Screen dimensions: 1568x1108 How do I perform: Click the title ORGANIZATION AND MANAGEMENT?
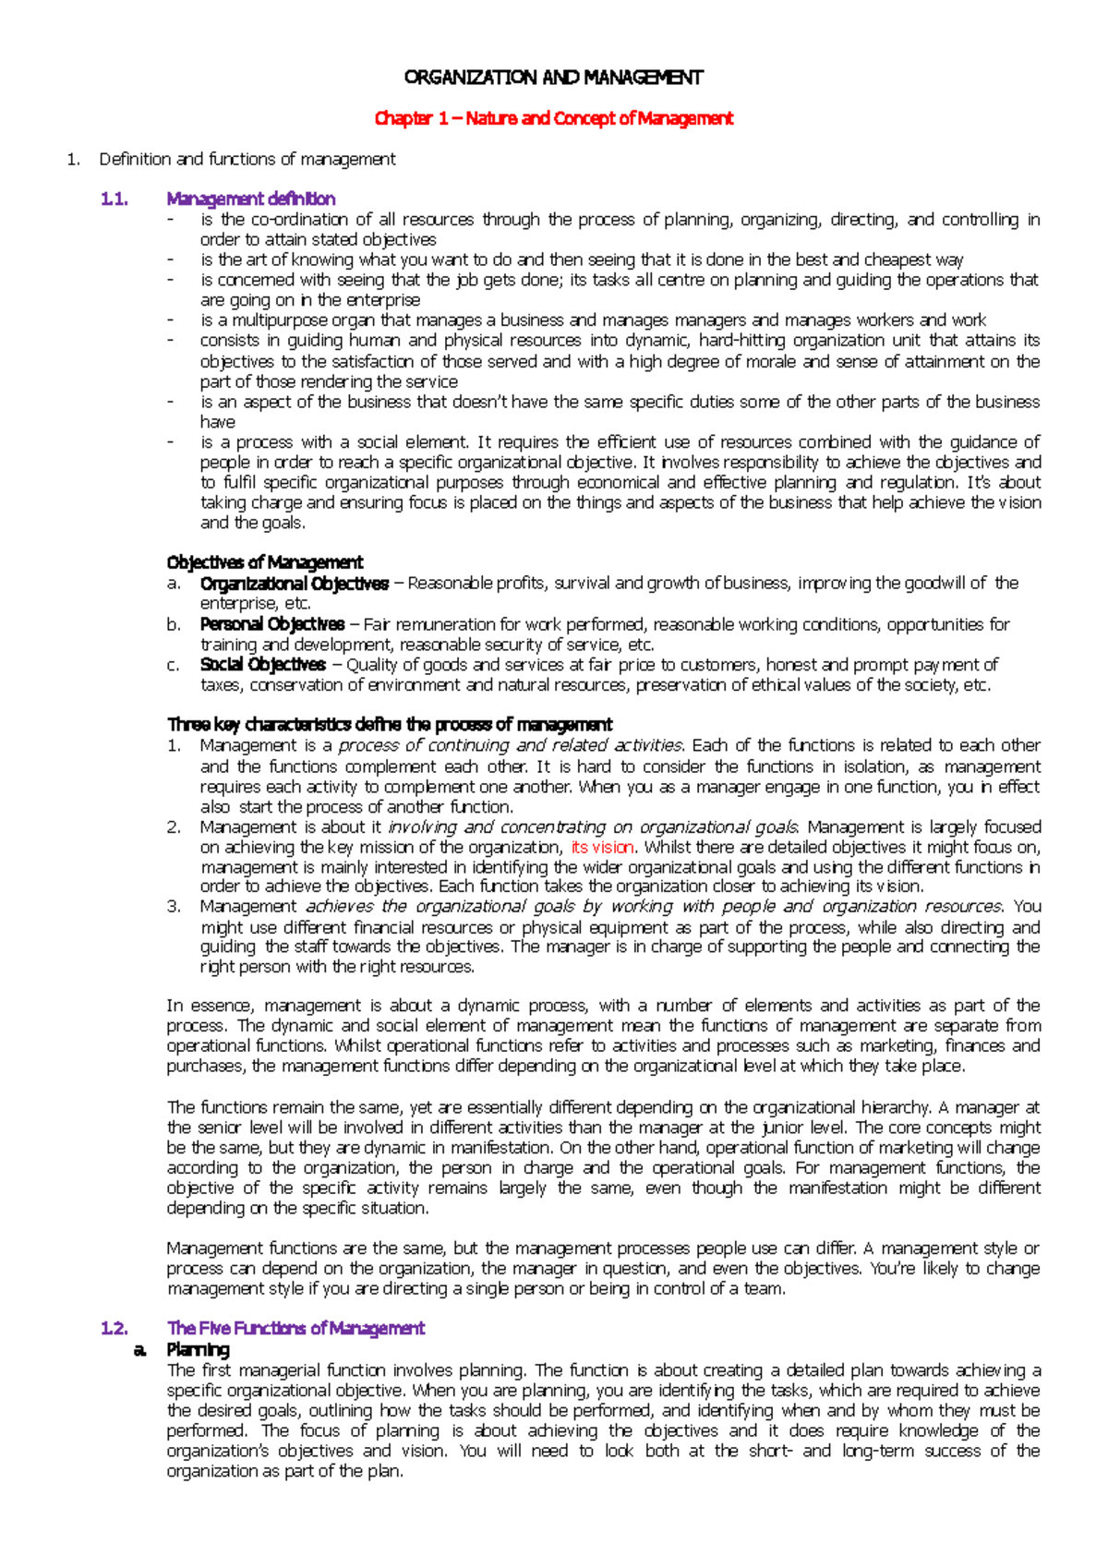click(554, 78)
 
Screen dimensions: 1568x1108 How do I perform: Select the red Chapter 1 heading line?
click(554, 118)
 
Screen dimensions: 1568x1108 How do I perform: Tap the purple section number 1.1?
click(114, 199)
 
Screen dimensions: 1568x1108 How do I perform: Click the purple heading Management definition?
click(250, 199)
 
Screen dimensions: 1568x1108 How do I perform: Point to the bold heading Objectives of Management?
click(264, 562)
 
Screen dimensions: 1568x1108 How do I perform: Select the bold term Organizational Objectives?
click(294, 584)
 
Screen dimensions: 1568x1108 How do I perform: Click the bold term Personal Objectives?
click(271, 624)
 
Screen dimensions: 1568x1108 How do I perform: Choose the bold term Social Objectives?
click(262, 665)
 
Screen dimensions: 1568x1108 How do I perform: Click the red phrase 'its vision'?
click(602, 847)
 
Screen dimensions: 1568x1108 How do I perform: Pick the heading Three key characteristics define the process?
click(389, 725)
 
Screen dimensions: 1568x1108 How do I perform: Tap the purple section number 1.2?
click(114, 1328)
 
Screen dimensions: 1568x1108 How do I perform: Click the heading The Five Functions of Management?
click(295, 1328)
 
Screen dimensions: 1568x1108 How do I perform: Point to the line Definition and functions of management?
click(247, 159)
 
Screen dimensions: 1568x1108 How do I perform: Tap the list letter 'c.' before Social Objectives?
click(174, 665)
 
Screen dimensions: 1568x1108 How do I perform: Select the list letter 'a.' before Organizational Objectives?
click(174, 584)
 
